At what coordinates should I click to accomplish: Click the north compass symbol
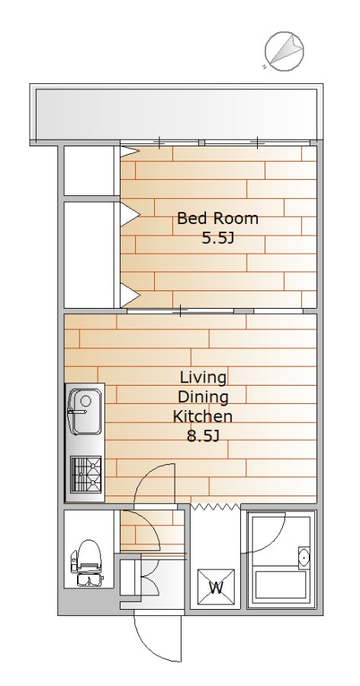(x=284, y=51)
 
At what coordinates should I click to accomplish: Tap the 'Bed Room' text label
(x=217, y=218)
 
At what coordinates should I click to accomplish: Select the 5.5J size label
(x=217, y=238)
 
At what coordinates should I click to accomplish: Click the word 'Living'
(x=203, y=377)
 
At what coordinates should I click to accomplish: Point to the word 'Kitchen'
(x=202, y=416)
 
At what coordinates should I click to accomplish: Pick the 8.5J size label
(x=203, y=436)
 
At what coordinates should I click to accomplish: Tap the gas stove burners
(x=86, y=475)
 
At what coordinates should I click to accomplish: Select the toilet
(x=87, y=563)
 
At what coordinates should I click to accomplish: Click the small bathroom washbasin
(x=304, y=557)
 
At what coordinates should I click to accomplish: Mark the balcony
(x=176, y=114)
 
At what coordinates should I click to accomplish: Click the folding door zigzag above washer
(x=216, y=507)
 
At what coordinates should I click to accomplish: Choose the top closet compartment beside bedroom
(x=89, y=171)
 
